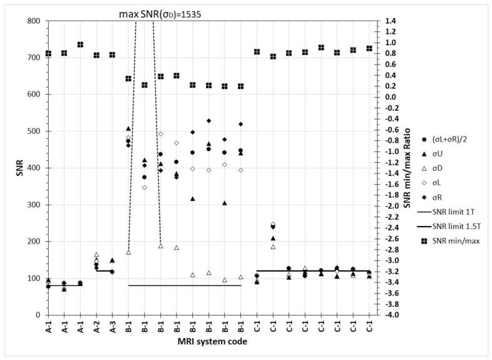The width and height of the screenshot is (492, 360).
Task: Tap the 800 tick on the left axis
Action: coord(33,21)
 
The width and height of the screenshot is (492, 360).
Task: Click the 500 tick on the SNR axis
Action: coord(33,131)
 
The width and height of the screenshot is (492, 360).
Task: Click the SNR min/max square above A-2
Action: coord(96,55)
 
